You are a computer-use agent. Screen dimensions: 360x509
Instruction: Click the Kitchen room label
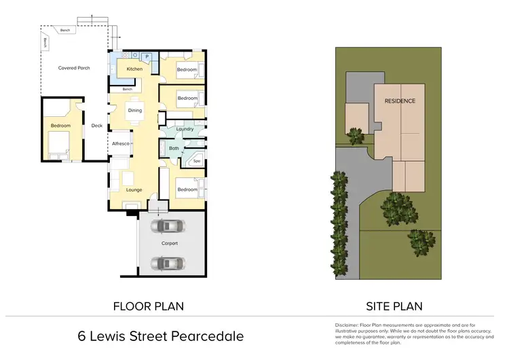coord(134,69)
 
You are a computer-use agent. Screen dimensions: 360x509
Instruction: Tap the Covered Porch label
coord(74,68)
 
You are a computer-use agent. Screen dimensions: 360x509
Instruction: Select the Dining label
coord(134,111)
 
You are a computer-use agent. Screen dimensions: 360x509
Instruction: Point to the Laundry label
coord(185,129)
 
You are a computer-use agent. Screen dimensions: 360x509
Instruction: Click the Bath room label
coord(174,148)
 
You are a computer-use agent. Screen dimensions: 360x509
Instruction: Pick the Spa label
coord(197,162)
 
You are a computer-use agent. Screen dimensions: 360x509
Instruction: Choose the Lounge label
coord(134,190)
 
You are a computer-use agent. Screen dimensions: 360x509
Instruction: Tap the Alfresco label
coord(121,143)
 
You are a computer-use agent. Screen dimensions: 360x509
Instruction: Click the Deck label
coord(96,125)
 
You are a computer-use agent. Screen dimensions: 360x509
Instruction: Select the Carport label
coord(169,243)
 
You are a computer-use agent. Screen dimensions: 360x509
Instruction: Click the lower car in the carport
coord(168,262)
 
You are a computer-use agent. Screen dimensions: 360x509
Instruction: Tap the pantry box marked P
coord(147,56)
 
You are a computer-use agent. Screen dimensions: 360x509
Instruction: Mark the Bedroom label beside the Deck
coord(60,126)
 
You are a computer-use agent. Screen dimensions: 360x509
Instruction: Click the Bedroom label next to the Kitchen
coord(187,70)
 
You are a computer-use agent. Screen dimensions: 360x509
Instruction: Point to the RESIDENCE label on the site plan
coord(400,101)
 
